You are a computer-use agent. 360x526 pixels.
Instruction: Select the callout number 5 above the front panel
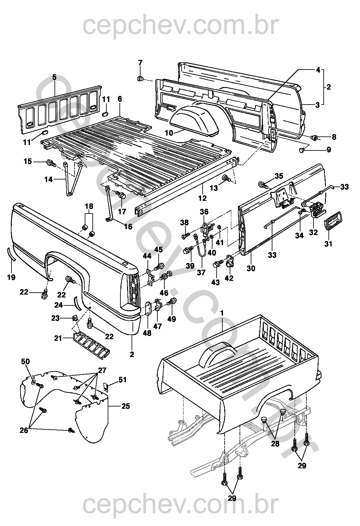click(x=54, y=77)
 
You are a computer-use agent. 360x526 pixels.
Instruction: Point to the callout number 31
click(x=328, y=244)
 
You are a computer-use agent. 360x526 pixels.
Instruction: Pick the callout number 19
click(x=11, y=277)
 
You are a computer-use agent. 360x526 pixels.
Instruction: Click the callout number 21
click(x=58, y=338)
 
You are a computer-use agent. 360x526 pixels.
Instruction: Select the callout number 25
click(x=126, y=406)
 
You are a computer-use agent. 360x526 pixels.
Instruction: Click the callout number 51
click(x=123, y=380)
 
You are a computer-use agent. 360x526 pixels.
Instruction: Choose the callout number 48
click(x=147, y=333)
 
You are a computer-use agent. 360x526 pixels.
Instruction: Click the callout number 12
click(x=202, y=198)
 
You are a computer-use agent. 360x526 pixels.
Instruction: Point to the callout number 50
click(x=25, y=361)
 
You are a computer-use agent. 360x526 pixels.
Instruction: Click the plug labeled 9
click(x=302, y=150)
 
